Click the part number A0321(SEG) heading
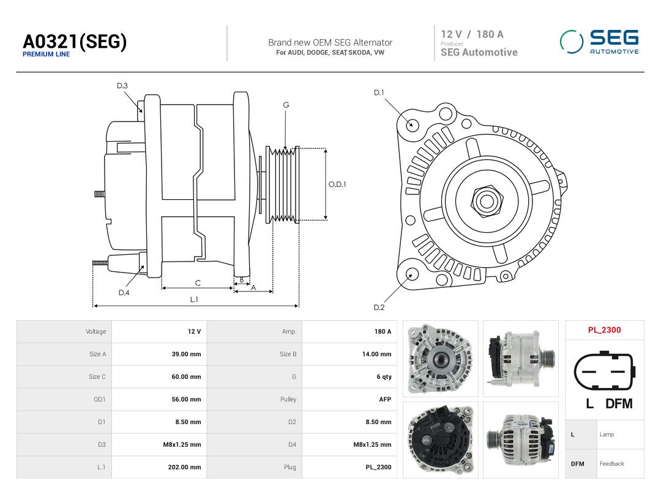[x=75, y=42]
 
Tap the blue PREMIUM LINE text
[x=47, y=54]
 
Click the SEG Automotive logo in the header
[x=599, y=42]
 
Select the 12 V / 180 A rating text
[x=472, y=34]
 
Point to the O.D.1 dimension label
[x=337, y=185]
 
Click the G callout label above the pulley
[x=286, y=105]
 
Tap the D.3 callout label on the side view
[x=122, y=86]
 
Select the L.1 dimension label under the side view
[x=194, y=299]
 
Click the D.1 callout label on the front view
[x=379, y=93]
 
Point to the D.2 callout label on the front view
[x=379, y=307]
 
